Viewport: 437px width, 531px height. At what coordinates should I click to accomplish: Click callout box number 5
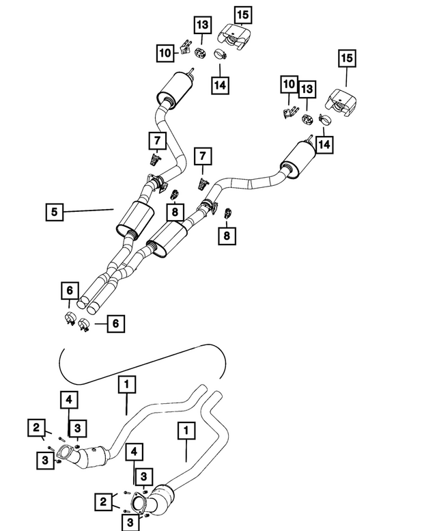(x=55, y=212)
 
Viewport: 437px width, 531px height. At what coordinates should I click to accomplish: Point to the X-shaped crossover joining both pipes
(x=117, y=271)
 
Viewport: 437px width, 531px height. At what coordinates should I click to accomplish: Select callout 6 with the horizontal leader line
(x=115, y=324)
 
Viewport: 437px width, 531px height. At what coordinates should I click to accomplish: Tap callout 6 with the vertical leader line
(x=70, y=290)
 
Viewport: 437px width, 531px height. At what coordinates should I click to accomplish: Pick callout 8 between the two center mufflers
(x=175, y=212)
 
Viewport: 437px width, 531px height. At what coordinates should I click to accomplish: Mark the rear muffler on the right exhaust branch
(x=298, y=159)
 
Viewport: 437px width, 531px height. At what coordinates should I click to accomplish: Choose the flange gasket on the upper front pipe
(x=65, y=453)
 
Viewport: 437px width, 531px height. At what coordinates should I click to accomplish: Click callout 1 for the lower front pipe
(x=186, y=431)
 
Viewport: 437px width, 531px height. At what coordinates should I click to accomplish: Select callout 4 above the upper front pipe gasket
(x=69, y=400)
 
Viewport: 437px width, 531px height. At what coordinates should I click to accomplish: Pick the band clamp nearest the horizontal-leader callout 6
(x=83, y=325)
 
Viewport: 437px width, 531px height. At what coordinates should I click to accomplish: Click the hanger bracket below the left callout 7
(x=155, y=159)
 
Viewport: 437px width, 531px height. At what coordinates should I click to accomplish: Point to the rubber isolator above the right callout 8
(x=228, y=213)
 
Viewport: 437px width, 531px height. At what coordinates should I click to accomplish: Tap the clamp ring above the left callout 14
(x=220, y=54)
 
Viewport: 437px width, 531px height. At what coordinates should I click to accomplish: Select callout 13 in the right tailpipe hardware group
(x=307, y=90)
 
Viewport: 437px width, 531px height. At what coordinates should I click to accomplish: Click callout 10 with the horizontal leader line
(x=165, y=53)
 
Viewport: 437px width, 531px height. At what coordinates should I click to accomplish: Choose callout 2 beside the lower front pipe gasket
(x=104, y=502)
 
